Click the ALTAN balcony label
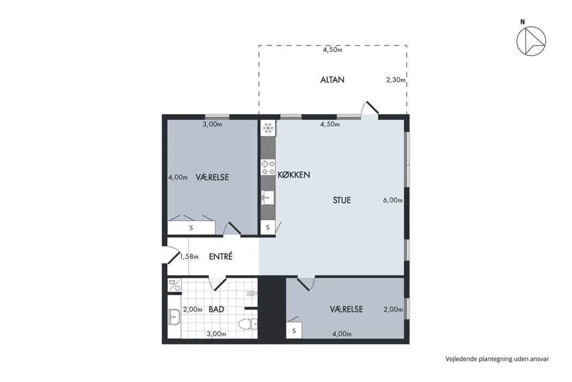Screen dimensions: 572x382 click(x=332, y=80)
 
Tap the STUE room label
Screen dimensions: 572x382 click(x=342, y=200)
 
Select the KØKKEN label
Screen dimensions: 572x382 click(x=294, y=175)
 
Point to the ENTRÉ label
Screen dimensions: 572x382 click(x=221, y=256)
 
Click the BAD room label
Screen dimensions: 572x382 click(x=216, y=309)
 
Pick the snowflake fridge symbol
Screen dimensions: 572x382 click(x=268, y=128)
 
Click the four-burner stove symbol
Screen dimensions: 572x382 click(x=268, y=168)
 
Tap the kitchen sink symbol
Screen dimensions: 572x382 click(x=268, y=198)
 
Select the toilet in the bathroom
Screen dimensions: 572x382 click(x=248, y=324)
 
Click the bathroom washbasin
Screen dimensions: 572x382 click(x=174, y=317)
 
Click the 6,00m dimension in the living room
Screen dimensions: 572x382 click(x=393, y=200)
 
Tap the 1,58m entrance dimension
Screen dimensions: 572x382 click(x=189, y=256)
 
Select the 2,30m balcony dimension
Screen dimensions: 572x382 click(x=396, y=80)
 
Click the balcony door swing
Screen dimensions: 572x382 click(x=370, y=109)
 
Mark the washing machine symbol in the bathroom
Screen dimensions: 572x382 click(x=174, y=285)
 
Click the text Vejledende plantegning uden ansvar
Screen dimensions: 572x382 click(x=497, y=359)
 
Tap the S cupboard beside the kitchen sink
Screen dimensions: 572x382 click(x=268, y=228)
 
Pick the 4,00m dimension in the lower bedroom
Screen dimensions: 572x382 click(x=342, y=334)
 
